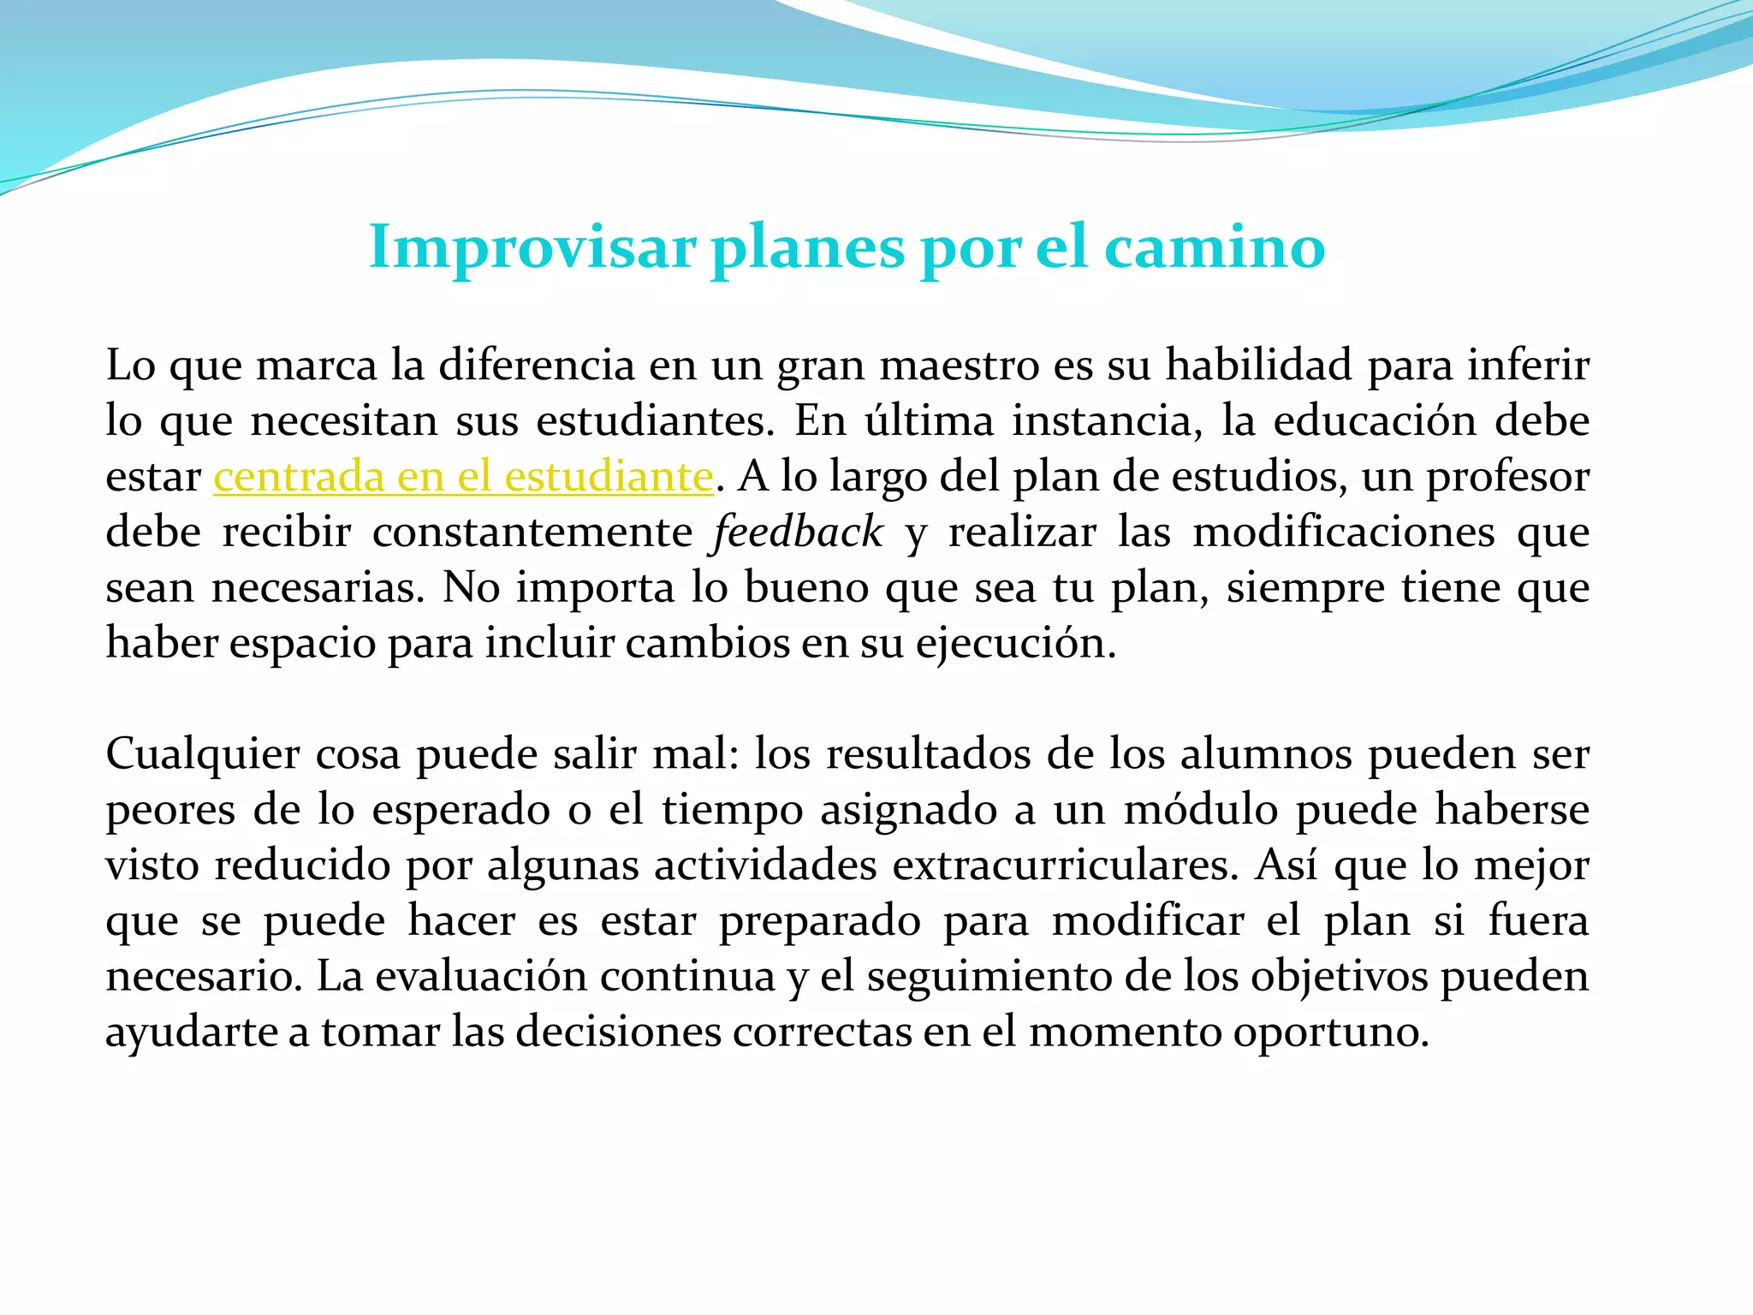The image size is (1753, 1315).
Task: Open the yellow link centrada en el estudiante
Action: tap(463, 477)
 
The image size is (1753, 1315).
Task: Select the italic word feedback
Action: tap(798, 533)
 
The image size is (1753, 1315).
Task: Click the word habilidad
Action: tap(1259, 366)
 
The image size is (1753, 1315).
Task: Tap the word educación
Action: tap(1375, 421)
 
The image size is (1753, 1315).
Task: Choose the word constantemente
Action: tap(532, 533)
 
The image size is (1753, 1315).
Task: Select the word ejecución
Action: tap(1015, 644)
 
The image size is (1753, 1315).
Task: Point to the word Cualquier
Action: tap(203, 755)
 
